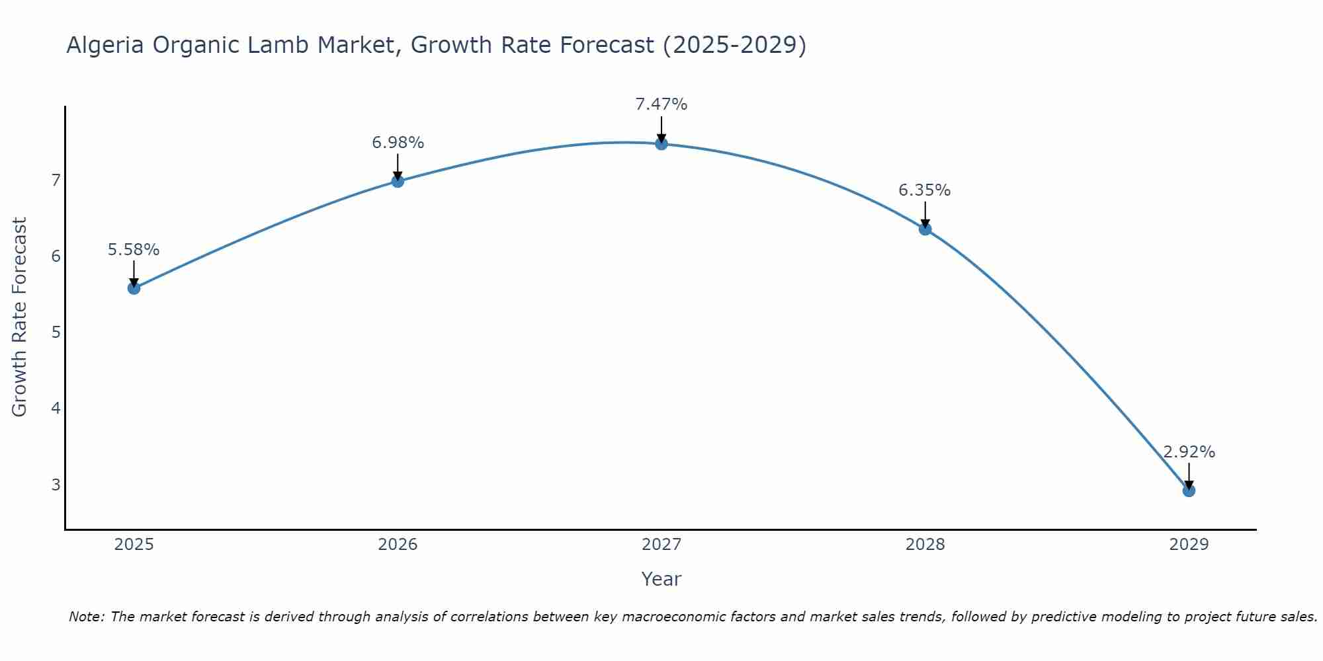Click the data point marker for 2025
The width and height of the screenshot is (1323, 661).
(x=134, y=288)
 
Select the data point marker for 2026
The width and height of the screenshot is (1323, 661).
(x=398, y=181)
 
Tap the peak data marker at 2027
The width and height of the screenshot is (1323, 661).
(x=661, y=144)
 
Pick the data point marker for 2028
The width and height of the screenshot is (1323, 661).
(x=925, y=229)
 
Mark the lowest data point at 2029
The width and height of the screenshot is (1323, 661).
(x=1189, y=490)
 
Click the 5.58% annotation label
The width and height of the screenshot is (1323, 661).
(x=134, y=250)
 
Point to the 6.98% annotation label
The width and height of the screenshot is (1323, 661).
(x=398, y=143)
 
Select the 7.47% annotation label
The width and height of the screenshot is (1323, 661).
(x=661, y=104)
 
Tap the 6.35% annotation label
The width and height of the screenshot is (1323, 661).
(x=925, y=190)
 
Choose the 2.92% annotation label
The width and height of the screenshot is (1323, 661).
(x=1189, y=452)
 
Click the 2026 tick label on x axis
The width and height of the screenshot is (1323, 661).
(x=398, y=545)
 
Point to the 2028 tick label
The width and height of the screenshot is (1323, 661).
(x=925, y=545)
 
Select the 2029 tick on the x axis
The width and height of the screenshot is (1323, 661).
(x=1189, y=545)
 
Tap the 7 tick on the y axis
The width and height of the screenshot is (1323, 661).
(x=56, y=180)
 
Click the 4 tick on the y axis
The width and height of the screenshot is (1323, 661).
(x=56, y=408)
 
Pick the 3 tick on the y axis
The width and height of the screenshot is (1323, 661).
(x=56, y=485)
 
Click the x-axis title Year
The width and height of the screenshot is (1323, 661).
(x=661, y=579)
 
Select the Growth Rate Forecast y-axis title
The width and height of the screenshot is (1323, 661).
(x=20, y=317)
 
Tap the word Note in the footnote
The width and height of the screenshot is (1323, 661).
(x=85, y=617)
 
